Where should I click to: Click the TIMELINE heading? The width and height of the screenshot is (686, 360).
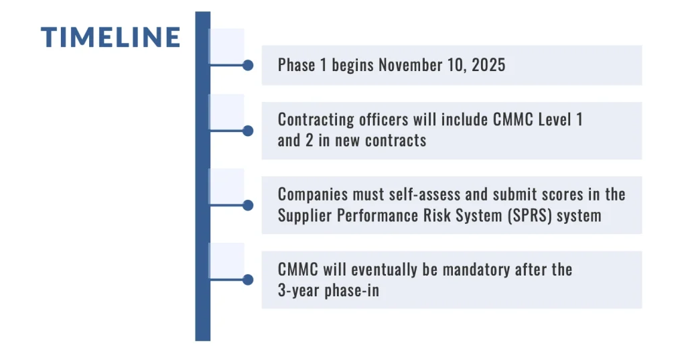tap(111, 38)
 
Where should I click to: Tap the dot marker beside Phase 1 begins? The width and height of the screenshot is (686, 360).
tap(247, 65)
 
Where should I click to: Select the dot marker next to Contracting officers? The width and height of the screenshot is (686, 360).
tap(247, 131)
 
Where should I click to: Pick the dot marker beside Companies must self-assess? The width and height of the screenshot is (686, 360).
tap(247, 205)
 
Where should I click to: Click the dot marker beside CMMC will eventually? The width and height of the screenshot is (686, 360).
tap(247, 280)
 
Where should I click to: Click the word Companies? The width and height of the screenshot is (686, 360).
tap(310, 194)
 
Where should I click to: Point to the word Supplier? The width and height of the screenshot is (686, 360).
tap(304, 216)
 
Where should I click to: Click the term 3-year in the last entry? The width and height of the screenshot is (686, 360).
tap(297, 291)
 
